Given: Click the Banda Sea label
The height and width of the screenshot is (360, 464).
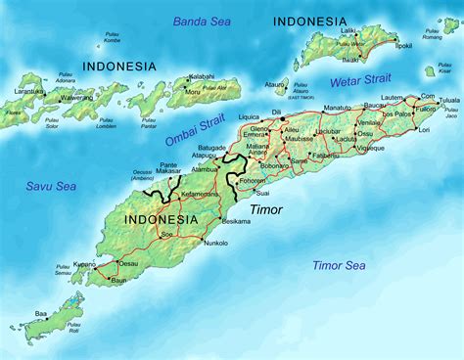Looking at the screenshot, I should pyautogui.click(x=204, y=21).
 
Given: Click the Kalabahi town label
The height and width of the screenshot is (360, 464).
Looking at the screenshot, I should pyautogui.click(x=201, y=76).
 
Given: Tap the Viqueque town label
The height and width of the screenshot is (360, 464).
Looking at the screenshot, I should pyautogui.click(x=371, y=146).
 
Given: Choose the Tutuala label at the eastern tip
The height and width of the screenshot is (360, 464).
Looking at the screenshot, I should pyautogui.click(x=446, y=101).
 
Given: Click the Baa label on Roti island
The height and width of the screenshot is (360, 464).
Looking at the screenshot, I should pyautogui.click(x=40, y=314).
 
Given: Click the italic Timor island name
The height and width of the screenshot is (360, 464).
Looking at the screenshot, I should pyautogui.click(x=265, y=210).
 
